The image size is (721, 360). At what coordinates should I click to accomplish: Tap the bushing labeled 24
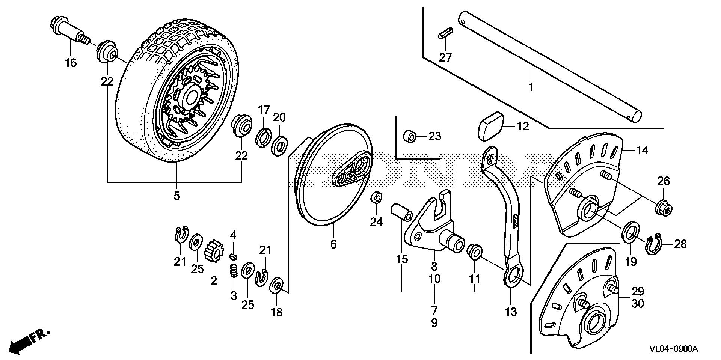tap(377, 197)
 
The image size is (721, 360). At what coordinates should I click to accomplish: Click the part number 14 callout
tap(642, 150)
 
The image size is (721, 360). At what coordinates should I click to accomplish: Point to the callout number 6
tap(333, 244)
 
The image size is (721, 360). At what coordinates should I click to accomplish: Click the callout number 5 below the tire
tap(176, 196)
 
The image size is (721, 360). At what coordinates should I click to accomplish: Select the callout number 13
tap(511, 311)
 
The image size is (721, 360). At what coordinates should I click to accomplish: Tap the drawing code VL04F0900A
tap(674, 349)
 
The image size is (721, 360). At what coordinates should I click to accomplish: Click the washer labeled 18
tap(277, 286)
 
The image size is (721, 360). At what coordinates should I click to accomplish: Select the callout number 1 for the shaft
tap(531, 87)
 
